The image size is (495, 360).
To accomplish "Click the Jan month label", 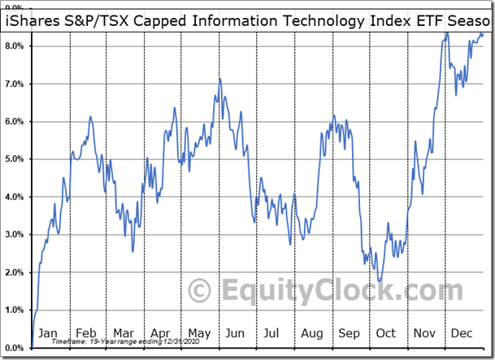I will (x=48, y=333).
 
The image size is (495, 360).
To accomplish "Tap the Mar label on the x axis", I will (x=124, y=333).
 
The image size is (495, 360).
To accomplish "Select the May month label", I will (x=198, y=333).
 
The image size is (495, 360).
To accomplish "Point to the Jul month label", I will (x=272, y=333).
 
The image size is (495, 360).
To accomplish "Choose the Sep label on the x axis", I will (x=348, y=333).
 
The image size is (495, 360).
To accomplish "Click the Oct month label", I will (x=385, y=333).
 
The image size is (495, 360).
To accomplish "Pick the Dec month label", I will (x=461, y=333).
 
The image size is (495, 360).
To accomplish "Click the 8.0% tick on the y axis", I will (x=15, y=46).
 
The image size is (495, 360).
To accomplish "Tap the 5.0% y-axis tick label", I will (x=15, y=159).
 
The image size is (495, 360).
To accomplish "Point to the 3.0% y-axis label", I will (x=15, y=235).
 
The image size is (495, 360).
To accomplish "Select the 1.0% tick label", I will (x=15, y=310).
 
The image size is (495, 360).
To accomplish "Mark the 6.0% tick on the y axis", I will (x=15, y=122).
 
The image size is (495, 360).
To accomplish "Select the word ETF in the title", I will (x=428, y=20).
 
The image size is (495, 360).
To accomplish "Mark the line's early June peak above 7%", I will (x=220, y=79).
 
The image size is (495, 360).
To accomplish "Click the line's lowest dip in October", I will (x=380, y=281).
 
